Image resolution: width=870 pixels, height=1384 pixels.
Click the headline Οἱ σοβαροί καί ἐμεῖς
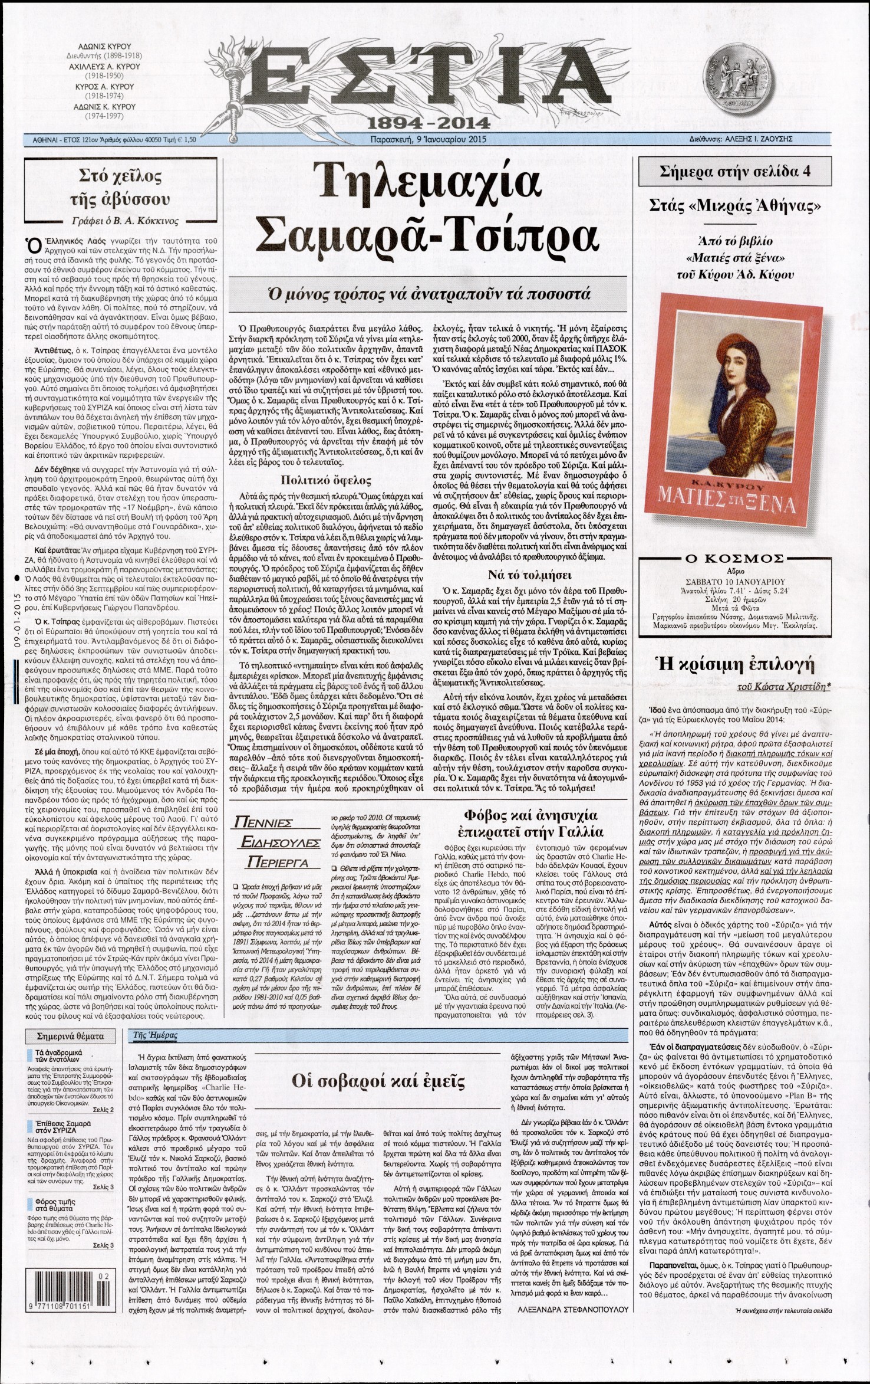(x=379, y=1081)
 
